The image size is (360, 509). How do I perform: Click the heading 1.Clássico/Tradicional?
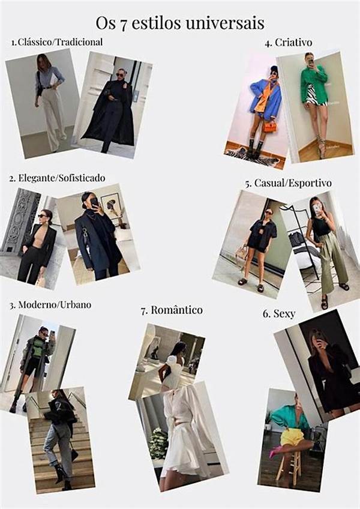tap(57, 42)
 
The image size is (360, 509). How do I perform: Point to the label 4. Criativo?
tap(288, 43)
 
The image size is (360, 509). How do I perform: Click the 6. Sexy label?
tap(279, 314)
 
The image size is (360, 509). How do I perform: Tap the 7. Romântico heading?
tap(172, 310)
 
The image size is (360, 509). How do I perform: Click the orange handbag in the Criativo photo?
tap(269, 127)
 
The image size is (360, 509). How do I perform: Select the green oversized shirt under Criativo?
tap(313, 83)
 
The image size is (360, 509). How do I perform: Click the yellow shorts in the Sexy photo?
tap(292, 437)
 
